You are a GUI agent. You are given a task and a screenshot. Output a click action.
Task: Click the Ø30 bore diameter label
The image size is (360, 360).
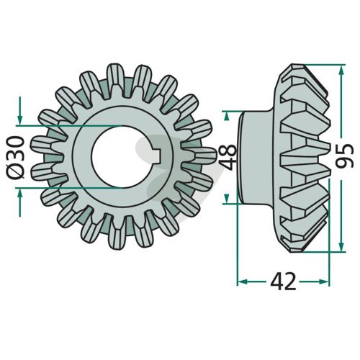tap(17, 157)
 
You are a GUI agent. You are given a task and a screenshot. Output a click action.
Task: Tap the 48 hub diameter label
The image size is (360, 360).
tap(228, 157)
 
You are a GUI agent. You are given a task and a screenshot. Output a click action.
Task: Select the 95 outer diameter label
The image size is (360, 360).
tap(345, 156)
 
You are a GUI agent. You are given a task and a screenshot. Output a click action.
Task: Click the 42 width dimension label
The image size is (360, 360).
tap(284, 282)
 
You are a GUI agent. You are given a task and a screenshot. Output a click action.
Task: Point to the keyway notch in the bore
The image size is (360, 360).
tap(160, 156)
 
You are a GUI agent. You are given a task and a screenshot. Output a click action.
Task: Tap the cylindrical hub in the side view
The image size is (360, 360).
tap(256, 157)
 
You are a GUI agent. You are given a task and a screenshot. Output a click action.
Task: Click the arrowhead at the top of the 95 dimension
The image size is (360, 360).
tap(341, 71)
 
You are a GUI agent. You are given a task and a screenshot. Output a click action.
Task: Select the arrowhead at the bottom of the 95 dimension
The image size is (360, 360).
tap(341, 246)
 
